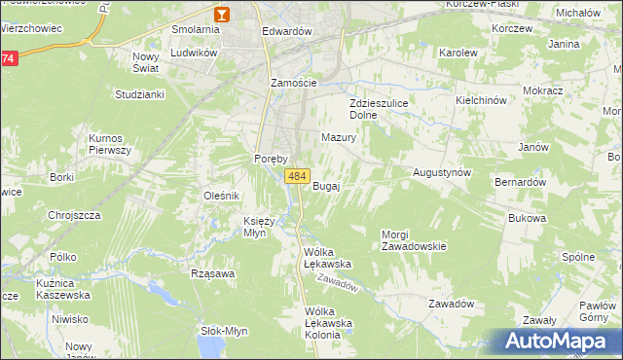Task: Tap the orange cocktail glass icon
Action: click(x=222, y=14)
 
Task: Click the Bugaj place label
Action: click(x=326, y=186)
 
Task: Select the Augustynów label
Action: click(x=442, y=171)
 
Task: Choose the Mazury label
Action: click(x=339, y=138)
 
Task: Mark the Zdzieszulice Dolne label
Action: click(x=376, y=108)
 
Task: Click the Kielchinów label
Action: click(x=483, y=100)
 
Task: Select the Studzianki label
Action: click(x=139, y=94)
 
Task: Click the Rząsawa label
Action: click(x=214, y=273)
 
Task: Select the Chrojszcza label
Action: click(x=75, y=215)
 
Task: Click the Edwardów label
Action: click(x=286, y=31)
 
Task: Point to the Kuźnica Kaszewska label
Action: click(x=61, y=288)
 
